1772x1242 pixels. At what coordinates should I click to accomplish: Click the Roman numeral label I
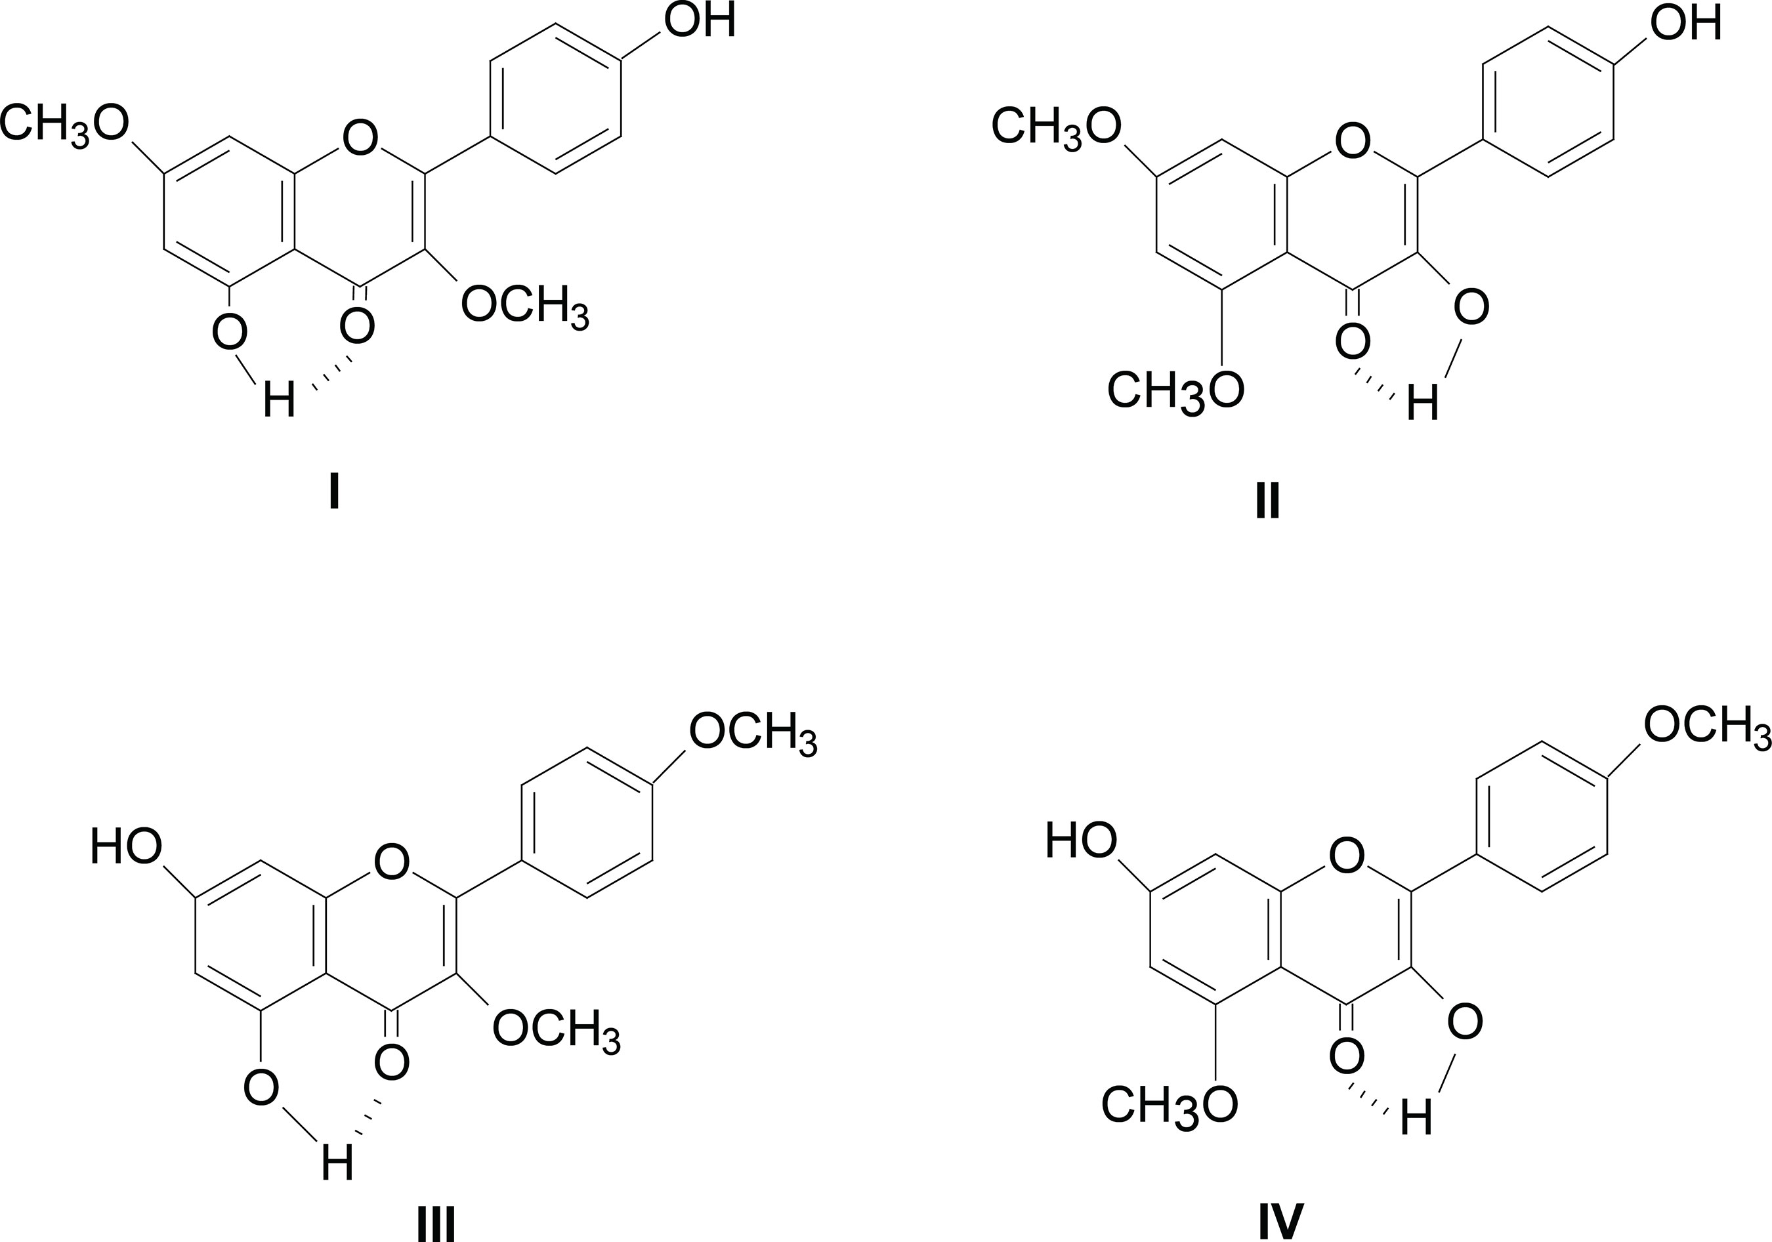point(334,491)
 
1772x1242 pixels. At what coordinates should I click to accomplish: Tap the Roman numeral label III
point(436,1224)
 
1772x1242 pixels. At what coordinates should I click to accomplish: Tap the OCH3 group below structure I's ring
point(525,307)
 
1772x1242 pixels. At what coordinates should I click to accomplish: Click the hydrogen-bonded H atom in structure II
point(1422,404)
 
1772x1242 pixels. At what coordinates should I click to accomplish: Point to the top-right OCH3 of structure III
point(753,734)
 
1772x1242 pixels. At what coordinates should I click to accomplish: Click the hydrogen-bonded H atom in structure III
point(337,1163)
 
